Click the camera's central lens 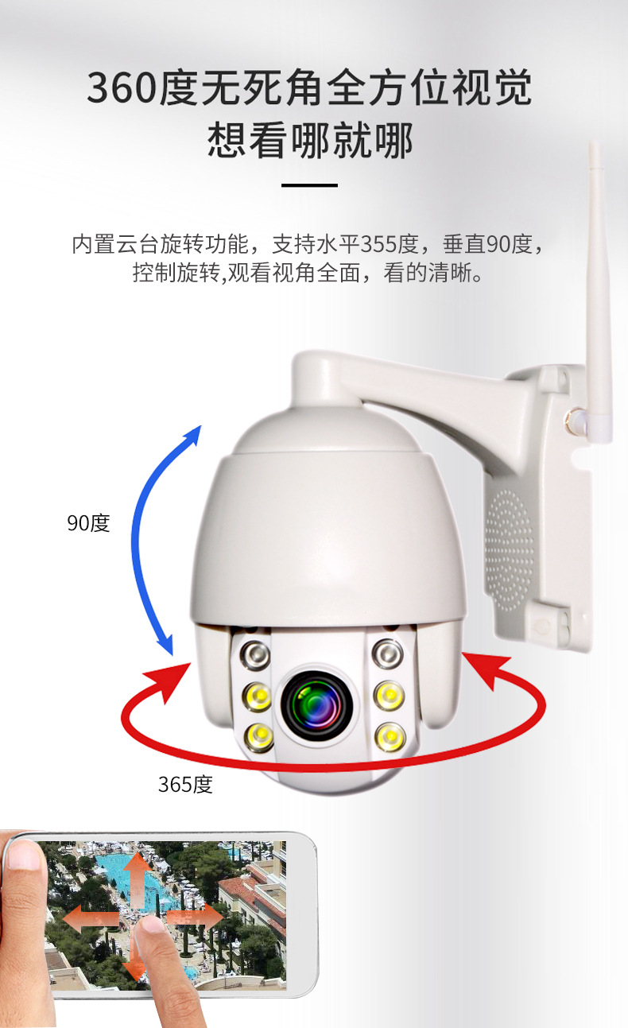[316, 705]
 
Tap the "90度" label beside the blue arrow [88, 523]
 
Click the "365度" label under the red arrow [185, 784]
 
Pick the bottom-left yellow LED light [258, 737]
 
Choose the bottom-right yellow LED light [390, 737]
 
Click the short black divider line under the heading [309, 185]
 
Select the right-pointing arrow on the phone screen [195, 918]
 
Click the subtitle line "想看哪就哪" [310, 141]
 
